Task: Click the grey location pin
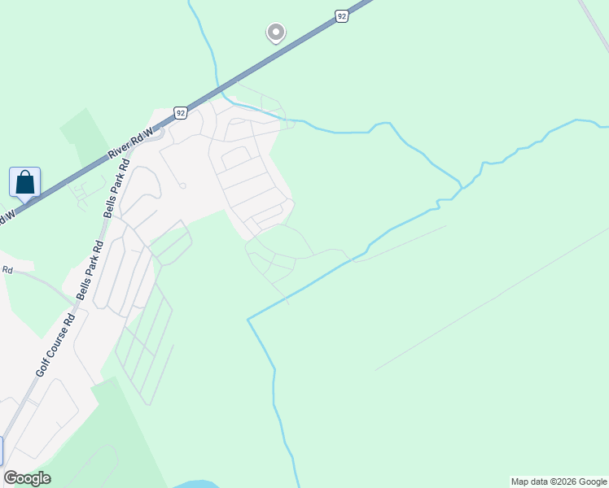coord(275,33)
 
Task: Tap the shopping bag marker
coord(24,182)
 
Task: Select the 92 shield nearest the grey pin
coord(342,15)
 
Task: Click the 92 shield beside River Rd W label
coord(180,112)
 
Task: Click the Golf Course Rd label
coord(55,345)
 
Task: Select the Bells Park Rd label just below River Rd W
coord(113,195)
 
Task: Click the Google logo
coord(27,478)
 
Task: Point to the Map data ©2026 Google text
coord(559,481)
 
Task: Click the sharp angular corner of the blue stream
coord(248,320)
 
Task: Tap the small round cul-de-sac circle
coord(183,185)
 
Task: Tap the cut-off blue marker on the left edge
coord(1,451)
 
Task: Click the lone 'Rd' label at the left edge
coord(7,269)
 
